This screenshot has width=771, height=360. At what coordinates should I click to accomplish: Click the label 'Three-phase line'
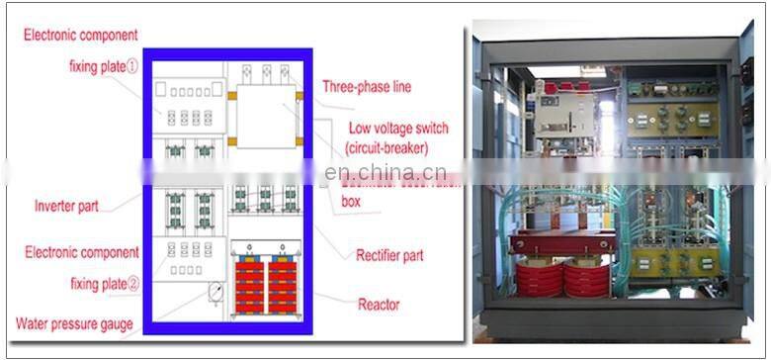point(366,87)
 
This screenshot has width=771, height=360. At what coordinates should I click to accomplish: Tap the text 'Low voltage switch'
point(398,129)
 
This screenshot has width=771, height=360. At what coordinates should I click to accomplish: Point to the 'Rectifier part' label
point(389,255)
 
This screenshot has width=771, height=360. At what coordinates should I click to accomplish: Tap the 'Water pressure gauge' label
point(74,323)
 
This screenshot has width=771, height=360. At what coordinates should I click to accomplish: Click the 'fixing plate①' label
point(107,68)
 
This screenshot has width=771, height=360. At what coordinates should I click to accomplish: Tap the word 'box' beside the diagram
point(352,202)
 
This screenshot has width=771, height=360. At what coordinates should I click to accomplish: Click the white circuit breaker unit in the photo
point(564,109)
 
